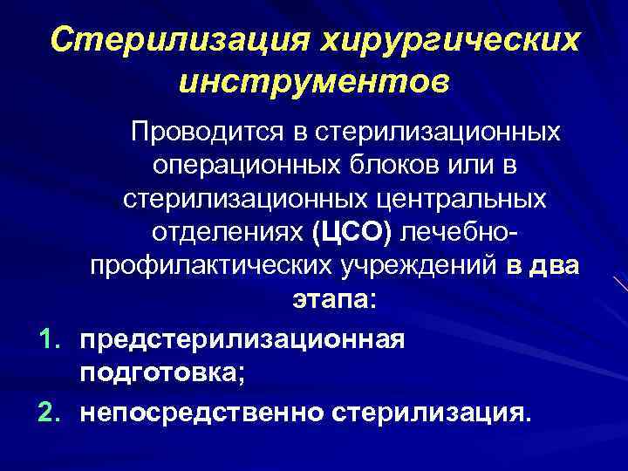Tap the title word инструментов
coord(315,83)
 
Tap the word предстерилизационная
coord(242,339)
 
